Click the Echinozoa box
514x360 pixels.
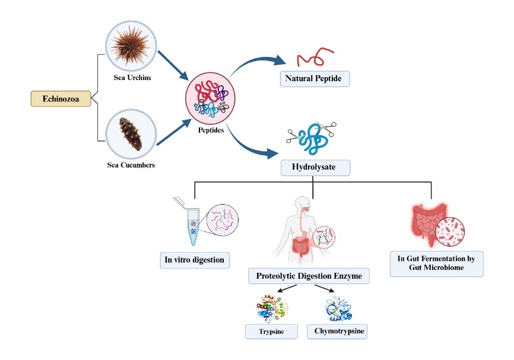point(61,98)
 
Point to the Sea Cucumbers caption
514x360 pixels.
point(131,165)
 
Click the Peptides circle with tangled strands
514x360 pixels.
point(211,98)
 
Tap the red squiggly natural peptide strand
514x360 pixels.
point(313,57)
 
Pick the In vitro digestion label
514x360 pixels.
point(195,259)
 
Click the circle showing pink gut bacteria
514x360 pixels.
point(449,232)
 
